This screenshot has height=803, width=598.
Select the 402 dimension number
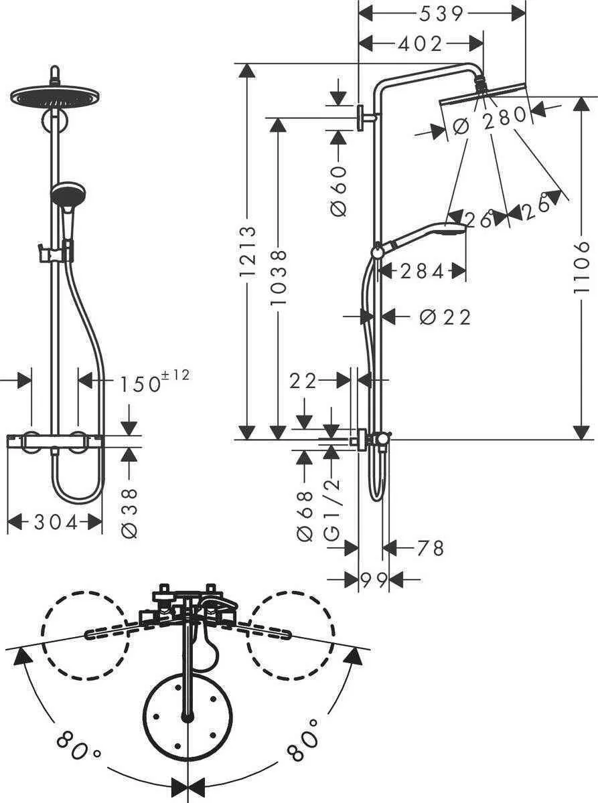(420, 43)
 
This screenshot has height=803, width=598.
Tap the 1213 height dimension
(248, 252)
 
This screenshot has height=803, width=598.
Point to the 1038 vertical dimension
(278, 277)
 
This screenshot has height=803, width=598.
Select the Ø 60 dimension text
(339, 189)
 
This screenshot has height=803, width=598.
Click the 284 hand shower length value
(422, 271)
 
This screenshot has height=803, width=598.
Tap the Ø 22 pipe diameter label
(445, 317)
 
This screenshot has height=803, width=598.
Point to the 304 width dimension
(54, 522)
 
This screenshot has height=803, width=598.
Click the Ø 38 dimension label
(130, 513)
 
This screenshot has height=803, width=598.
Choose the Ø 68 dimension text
(305, 516)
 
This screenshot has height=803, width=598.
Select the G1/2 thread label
(331, 511)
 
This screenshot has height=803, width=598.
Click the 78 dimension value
(430, 549)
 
